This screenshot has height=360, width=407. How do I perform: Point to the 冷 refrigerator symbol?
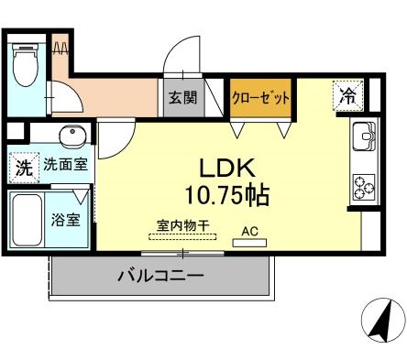coord(349,93)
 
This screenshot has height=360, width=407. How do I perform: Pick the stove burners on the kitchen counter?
coord(363,186)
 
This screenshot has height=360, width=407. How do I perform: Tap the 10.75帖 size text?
coord(228,194)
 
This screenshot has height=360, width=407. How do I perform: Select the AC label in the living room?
coord(250,231)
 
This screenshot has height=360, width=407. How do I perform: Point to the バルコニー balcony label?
coord(160,276)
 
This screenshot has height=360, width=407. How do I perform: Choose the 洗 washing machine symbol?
coord(23,167)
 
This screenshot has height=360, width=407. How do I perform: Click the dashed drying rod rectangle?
coord(183,235)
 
